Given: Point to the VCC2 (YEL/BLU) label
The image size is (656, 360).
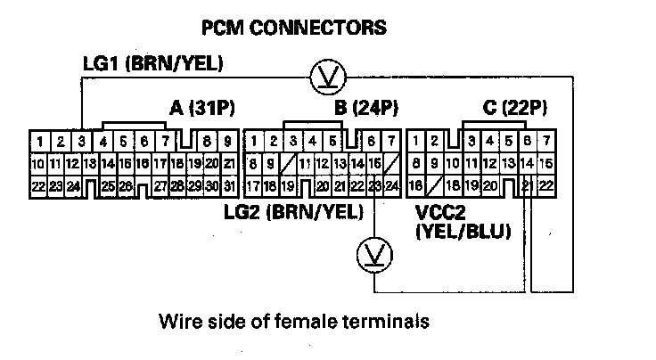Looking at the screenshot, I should point(462,223).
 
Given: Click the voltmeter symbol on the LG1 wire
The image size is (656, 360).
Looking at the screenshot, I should point(322,79).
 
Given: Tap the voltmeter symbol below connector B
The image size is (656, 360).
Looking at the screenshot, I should point(368,256).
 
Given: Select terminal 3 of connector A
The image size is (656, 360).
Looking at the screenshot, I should point(80,141).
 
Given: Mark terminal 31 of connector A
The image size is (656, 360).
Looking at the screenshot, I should point(228,185).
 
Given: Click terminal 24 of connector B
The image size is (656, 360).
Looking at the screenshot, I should point(391,185).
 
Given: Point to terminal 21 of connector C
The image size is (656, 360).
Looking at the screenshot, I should point(527,185).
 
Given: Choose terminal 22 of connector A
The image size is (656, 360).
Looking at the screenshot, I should point(38,185).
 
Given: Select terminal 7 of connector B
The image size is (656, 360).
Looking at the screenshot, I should point(391,141).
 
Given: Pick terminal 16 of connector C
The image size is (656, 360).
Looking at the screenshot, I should point(416,185).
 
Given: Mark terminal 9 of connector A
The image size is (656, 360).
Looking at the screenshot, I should point(228,141).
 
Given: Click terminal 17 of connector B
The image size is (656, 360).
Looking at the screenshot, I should point(253,185).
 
